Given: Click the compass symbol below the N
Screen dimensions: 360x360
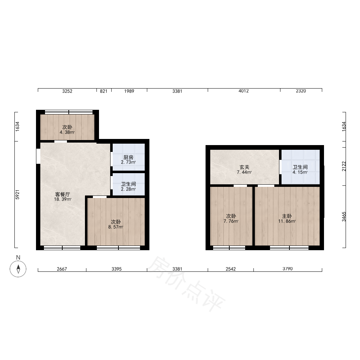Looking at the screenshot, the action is [18, 269].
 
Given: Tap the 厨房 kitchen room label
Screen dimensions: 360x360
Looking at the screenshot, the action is [129, 158].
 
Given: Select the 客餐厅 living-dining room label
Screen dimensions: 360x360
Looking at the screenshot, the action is [62, 195].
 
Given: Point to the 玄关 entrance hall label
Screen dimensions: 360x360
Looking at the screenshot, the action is [244, 167].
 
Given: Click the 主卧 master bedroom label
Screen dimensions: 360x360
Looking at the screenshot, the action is [287, 216].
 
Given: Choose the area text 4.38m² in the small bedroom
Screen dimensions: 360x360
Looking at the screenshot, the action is [67, 132].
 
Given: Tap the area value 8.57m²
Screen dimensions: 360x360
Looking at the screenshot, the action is [116, 227].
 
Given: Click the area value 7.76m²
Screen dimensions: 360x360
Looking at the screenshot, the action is [231, 221].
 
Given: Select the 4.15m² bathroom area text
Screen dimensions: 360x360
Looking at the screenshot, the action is [300, 172].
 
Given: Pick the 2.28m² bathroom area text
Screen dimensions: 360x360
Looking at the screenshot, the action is [129, 189].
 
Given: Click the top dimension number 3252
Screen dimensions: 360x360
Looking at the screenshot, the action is [67, 91].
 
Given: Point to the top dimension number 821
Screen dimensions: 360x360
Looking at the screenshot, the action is [104, 91].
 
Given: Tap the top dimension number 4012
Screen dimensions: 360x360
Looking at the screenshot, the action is [244, 91].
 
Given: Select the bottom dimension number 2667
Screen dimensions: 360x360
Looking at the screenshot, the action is [62, 269].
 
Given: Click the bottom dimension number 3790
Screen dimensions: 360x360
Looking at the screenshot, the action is [287, 269].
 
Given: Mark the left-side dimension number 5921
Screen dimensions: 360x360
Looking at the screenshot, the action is [17, 195].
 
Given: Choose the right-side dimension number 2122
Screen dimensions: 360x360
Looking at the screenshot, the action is [344, 166].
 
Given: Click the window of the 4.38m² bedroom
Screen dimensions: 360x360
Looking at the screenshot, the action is [69, 112].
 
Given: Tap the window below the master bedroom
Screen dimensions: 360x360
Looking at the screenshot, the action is [289, 248].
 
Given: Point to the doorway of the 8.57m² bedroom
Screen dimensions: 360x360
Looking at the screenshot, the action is [100, 197].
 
